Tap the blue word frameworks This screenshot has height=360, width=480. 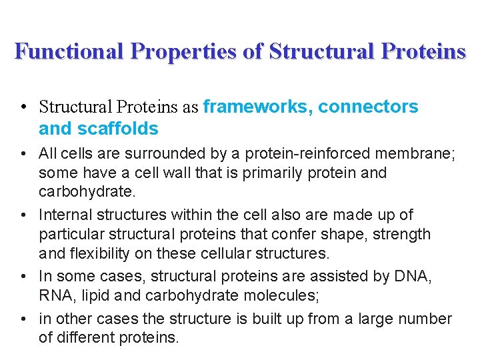[257, 107]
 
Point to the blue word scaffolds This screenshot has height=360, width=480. [117, 128]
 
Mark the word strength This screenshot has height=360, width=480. [404, 234]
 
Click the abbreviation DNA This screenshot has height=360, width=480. [415, 277]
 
